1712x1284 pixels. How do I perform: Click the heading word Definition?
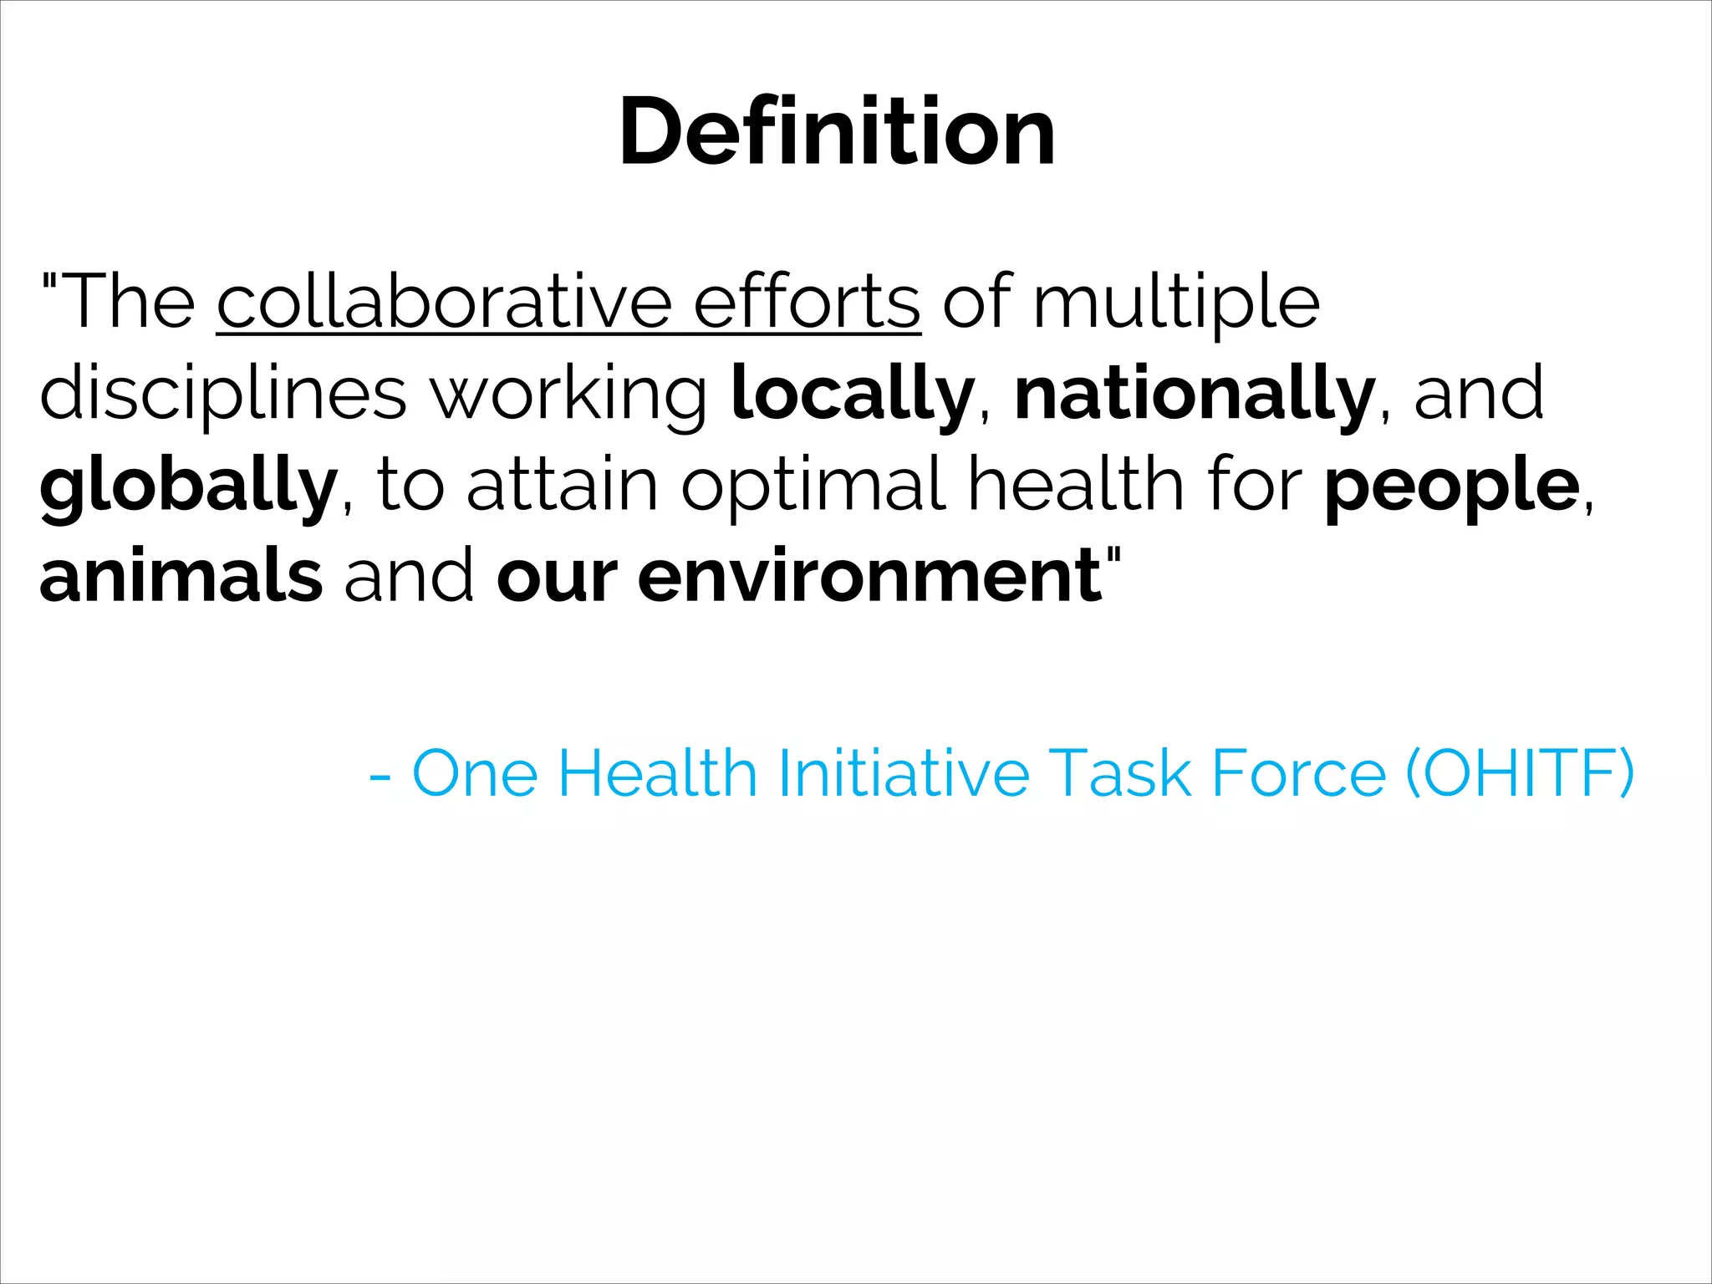[837, 132]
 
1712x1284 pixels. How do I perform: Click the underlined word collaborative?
[444, 303]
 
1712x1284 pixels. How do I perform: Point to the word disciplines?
[223, 395]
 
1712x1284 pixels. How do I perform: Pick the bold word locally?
[853, 395]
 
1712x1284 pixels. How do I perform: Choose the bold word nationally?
[1195, 395]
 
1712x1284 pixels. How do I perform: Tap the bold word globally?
[188, 487]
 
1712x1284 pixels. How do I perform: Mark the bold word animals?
[181, 577]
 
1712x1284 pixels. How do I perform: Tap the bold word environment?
[869, 577]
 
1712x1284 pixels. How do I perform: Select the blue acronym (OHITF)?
[1520, 772]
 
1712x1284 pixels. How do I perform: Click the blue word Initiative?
[903, 772]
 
